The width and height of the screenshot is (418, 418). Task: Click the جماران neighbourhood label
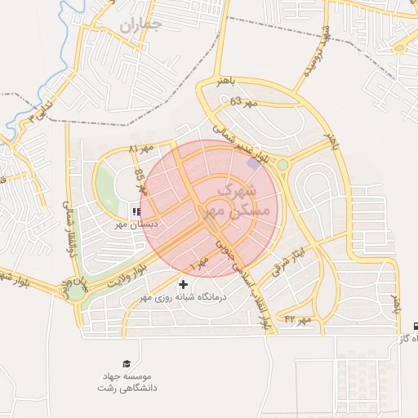pyautogui.click(x=140, y=24)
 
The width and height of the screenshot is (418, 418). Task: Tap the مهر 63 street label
pyautogui.click(x=244, y=102)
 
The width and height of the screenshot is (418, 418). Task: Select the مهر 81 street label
pyautogui.click(x=140, y=149)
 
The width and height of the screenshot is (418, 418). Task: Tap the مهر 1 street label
pyautogui.click(x=198, y=265)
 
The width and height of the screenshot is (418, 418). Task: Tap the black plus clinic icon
pyautogui.click(x=182, y=285)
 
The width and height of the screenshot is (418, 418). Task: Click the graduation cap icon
pyautogui.click(x=127, y=363)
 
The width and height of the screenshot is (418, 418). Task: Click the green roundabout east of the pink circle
pyautogui.click(x=282, y=165)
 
